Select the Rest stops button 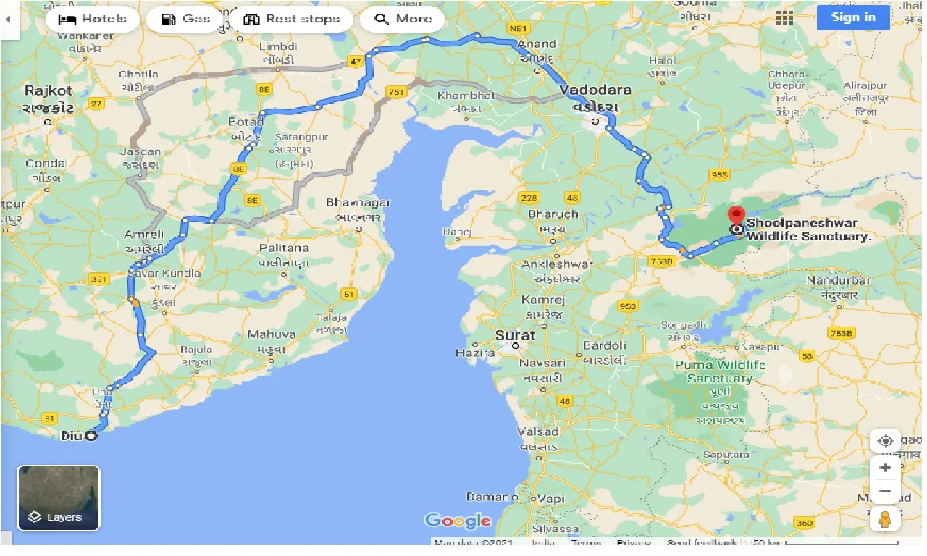coord(292,19)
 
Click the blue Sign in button coord(853,17)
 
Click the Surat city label coord(516,335)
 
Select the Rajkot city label coord(49,90)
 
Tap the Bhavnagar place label coord(358,203)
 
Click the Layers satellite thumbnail coord(59,497)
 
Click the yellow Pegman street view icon coord(885,519)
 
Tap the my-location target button coord(885,441)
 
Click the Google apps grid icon coord(784,17)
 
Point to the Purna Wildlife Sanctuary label coord(720,371)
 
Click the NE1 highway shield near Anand coord(517,28)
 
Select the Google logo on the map coord(458,521)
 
